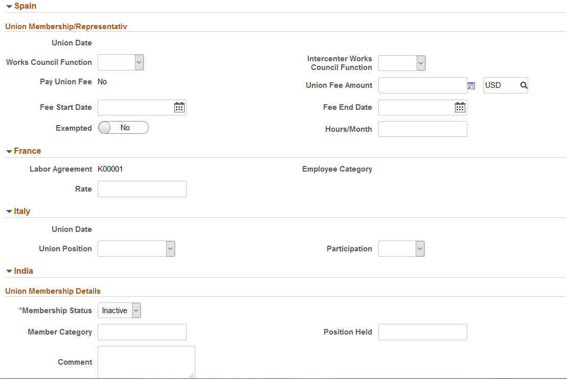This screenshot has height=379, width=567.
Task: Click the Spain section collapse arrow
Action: click(9, 7)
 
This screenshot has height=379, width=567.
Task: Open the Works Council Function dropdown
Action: click(121, 62)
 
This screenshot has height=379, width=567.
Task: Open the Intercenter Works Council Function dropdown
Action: click(402, 63)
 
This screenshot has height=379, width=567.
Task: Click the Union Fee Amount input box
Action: click(422, 85)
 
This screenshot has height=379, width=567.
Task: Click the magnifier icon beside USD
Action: click(524, 85)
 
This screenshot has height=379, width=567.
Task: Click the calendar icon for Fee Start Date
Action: click(179, 107)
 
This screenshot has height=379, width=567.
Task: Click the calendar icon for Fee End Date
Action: click(460, 107)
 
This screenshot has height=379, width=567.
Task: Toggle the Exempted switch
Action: click(123, 128)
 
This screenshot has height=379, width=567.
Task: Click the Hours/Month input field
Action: click(422, 129)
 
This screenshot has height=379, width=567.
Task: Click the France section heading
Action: click(27, 151)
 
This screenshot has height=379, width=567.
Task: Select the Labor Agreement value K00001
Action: click(110, 169)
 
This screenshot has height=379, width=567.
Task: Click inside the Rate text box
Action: click(142, 189)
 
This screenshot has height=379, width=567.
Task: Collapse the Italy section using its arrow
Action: click(9, 211)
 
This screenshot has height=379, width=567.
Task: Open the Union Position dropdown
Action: click(137, 249)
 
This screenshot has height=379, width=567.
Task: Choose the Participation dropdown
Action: click(401, 249)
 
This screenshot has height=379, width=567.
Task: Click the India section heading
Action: click(24, 271)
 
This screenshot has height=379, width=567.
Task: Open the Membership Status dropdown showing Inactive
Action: click(119, 311)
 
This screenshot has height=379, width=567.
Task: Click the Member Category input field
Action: click(142, 332)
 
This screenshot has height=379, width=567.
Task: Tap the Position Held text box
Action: click(422, 332)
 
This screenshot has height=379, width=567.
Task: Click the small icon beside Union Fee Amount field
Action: click(471, 86)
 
